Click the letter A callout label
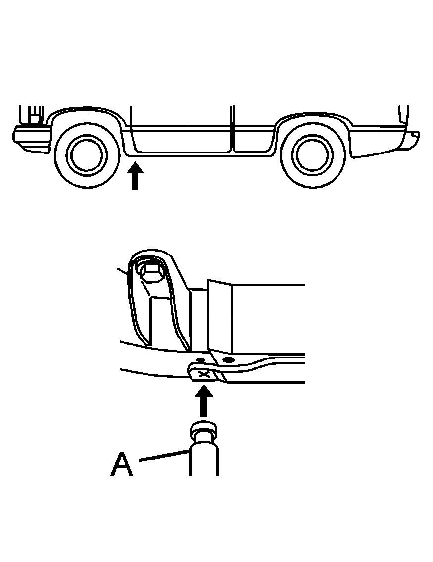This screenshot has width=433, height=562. [122, 463]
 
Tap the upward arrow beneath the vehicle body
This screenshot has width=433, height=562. [135, 176]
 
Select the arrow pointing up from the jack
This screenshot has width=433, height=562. [204, 401]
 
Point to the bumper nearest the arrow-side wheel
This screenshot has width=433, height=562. [32, 140]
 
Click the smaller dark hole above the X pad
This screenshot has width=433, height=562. [200, 359]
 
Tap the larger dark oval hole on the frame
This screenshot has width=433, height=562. [227, 359]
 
